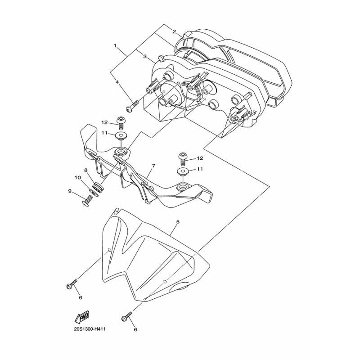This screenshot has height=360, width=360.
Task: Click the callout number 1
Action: tap(116, 46)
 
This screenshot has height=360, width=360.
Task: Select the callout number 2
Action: tap(174, 31)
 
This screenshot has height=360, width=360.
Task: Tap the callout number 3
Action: tap(145, 56)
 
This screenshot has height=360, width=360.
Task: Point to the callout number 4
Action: tap(117, 82)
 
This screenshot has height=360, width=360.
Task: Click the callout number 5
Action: tap(178, 222)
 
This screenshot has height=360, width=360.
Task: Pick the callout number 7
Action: tap(153, 166)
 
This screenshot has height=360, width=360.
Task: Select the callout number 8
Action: tap(86, 170)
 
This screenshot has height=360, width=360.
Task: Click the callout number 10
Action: tap(77, 177)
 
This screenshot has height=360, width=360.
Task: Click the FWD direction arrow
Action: tap(82, 319)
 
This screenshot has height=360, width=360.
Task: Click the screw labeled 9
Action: tap(89, 200)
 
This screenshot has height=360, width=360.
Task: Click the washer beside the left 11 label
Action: tap(121, 135)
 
